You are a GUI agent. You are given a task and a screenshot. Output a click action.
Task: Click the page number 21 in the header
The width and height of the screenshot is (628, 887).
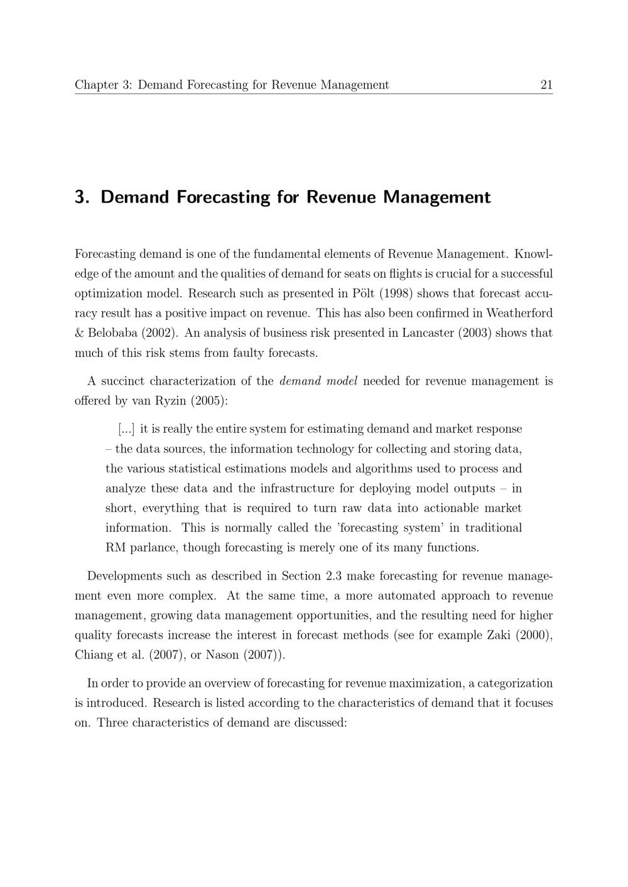point(546,85)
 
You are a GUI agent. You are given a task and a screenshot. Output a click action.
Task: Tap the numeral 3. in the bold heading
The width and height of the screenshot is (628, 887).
point(83,197)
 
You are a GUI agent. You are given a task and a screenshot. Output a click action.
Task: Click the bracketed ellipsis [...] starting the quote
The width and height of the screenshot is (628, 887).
point(126,429)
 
